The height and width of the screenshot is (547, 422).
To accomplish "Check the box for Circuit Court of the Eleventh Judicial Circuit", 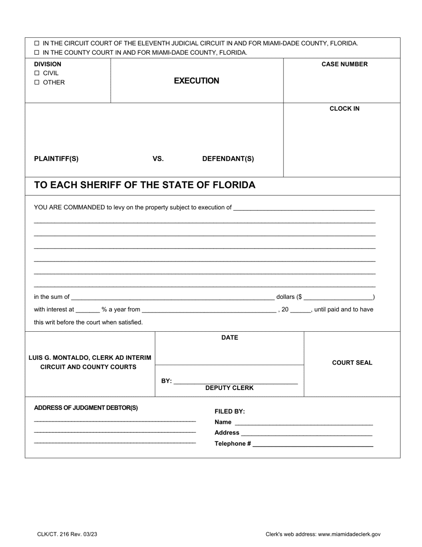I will coord(37,44).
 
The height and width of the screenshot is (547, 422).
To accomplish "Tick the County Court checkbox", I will coord(37,52).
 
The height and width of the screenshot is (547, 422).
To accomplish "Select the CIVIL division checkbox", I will coord(37,73).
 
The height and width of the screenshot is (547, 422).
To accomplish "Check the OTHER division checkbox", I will coord(37,82).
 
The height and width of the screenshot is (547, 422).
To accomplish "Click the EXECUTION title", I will coord(196,81).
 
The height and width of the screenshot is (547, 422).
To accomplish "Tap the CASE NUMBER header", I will coord(344,64).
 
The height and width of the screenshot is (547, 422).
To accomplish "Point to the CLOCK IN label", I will coord(344,109).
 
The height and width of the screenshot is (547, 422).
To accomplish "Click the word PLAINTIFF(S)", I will coord(56,159).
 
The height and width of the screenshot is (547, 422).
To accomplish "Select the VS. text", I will coord(158,159).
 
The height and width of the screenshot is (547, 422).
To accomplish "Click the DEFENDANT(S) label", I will coord(228,159).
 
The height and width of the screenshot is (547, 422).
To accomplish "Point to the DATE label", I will coord(230,338).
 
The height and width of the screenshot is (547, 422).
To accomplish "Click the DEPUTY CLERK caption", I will coord(229,388).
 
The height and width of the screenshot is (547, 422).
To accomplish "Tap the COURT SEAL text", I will coord(352,362).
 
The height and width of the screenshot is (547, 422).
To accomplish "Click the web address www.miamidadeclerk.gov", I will coord(349,535).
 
